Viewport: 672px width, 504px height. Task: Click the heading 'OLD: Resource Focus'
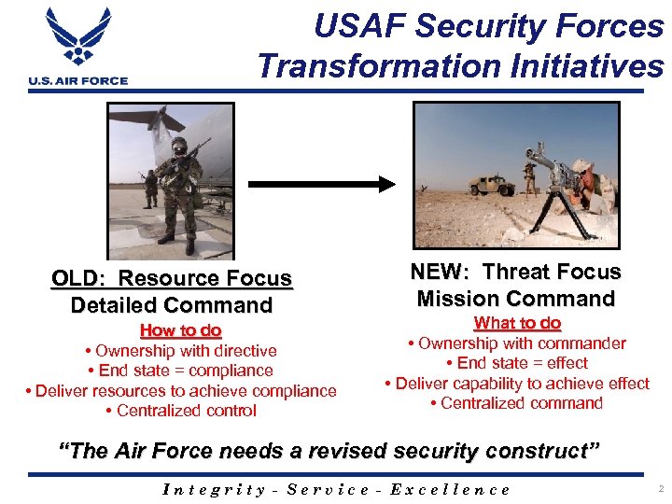172,278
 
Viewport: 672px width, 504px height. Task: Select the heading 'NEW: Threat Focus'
517,272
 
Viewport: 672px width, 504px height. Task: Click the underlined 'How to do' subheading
180,330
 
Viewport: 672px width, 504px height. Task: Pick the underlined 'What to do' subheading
517,323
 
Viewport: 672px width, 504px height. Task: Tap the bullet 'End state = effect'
517,363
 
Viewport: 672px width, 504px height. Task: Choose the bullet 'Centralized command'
517,403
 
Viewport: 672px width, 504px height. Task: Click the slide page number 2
659,488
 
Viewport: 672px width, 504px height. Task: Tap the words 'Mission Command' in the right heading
516,299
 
